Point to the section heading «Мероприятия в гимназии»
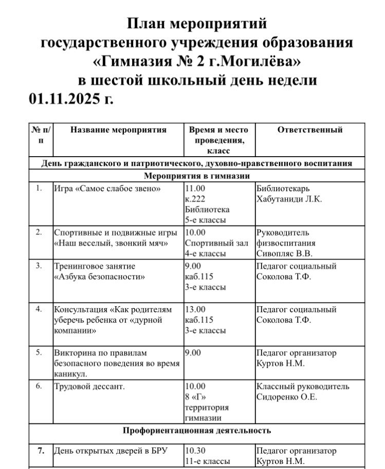click(x=197, y=176)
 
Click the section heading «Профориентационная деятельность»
click(x=197, y=430)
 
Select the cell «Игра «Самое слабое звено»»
click(x=108, y=189)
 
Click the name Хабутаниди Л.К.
click(x=289, y=199)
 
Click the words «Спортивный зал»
click(x=216, y=243)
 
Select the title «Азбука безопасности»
click(x=99, y=277)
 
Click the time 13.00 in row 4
click(x=195, y=310)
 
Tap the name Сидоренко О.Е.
click(x=287, y=397)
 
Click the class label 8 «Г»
click(x=195, y=397)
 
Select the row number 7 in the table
click(x=40, y=451)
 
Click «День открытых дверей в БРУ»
click(x=111, y=451)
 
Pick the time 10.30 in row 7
click(x=195, y=451)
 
